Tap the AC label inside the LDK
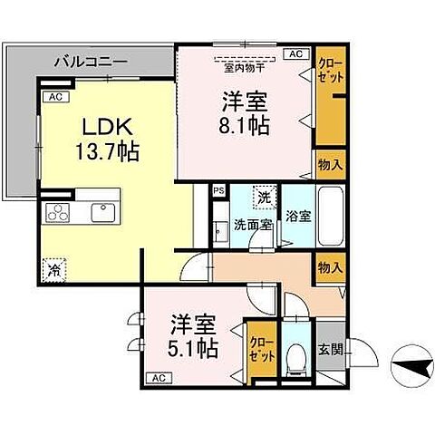pyautogui.click(x=54, y=96)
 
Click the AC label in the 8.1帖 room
pyautogui.click(x=295, y=54)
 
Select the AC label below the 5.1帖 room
pyautogui.click(x=157, y=377)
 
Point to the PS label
pyautogui.click(x=217, y=191)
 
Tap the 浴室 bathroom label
pyautogui.click(x=298, y=217)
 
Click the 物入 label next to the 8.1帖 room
pyautogui.click(x=330, y=164)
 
